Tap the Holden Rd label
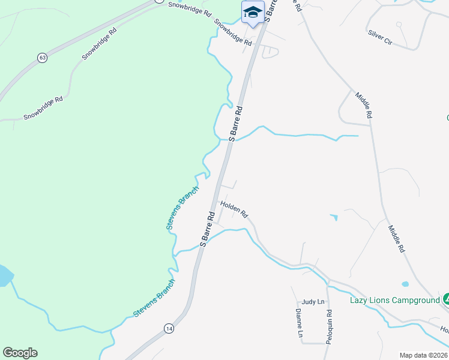(234, 208)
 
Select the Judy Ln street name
(313, 302)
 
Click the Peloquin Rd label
(329, 326)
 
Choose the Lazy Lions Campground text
(394, 300)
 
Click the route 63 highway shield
(41, 58)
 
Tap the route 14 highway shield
(169, 328)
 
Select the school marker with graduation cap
(253, 13)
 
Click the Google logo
(20, 353)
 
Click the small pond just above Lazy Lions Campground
(406, 284)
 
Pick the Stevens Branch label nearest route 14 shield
(154, 298)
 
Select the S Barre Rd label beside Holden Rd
(208, 229)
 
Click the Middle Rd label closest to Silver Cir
(364, 104)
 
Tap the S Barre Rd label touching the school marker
(271, 10)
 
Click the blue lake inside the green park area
(5, 276)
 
